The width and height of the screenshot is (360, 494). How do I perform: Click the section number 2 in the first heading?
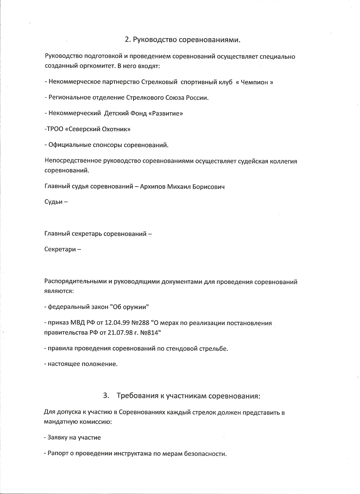(127, 40)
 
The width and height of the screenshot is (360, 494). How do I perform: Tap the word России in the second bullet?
(198, 98)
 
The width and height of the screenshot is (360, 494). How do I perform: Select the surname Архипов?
(152, 187)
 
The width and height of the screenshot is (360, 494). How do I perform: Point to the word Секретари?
(60, 249)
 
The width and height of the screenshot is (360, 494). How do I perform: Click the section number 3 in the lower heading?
(106, 396)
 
